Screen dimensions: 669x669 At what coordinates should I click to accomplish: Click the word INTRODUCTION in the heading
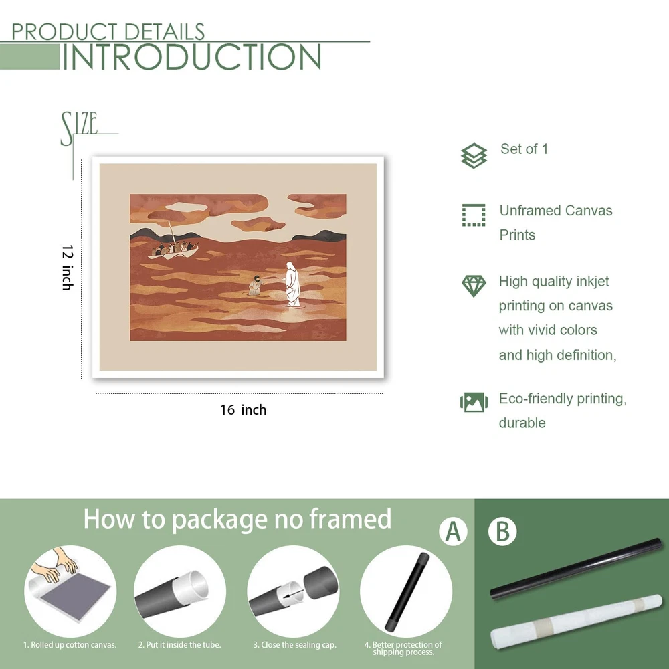click(x=192, y=57)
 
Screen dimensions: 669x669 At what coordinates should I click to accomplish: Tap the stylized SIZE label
click(x=80, y=128)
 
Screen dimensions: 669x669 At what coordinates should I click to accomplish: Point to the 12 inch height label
click(x=68, y=268)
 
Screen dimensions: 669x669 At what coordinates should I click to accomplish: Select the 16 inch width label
click(x=244, y=410)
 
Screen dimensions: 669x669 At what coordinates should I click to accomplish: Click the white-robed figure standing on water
click(x=292, y=284)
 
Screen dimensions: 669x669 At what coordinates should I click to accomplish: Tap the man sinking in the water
click(x=255, y=285)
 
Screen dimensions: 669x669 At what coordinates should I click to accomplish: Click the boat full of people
click(x=174, y=251)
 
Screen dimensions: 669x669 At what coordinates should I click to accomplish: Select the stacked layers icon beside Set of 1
click(x=474, y=155)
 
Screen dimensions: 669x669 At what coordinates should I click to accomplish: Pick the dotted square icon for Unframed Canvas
click(x=474, y=215)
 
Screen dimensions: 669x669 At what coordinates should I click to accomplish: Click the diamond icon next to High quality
click(x=474, y=286)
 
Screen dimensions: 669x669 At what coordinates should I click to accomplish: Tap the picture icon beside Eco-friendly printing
click(x=474, y=402)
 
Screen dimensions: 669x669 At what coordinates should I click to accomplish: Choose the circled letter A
click(x=453, y=531)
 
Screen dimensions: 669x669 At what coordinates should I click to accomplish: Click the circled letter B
click(x=502, y=531)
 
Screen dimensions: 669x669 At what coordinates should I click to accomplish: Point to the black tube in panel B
click(x=577, y=568)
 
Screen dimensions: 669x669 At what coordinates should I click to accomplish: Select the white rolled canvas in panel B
click(x=577, y=620)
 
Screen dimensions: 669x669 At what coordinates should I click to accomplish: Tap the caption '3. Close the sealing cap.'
click(x=295, y=645)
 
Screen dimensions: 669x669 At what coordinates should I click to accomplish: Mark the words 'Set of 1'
click(x=524, y=149)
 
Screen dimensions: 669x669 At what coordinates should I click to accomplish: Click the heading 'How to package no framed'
click(x=237, y=520)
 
